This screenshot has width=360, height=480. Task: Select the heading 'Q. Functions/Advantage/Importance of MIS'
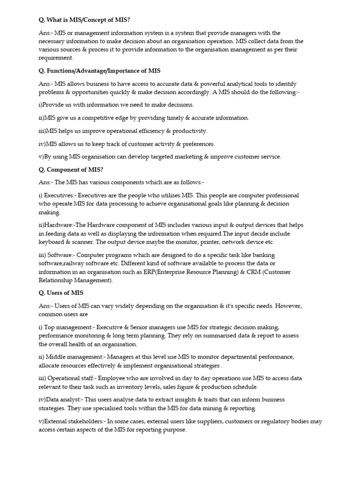coord(99,71)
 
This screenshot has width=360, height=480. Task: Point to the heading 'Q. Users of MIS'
coord(61,293)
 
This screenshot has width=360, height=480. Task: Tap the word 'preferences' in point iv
coord(196,144)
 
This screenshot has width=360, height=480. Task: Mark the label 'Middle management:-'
coord(76,357)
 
